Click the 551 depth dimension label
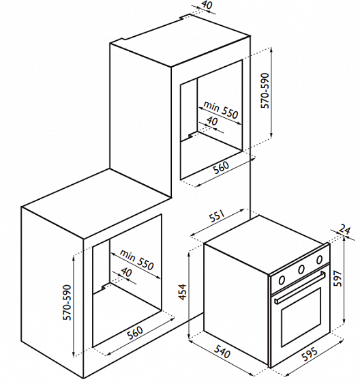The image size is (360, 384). (217, 216)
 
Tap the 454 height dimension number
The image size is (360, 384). (183, 292)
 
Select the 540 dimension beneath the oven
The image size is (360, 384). (222, 351)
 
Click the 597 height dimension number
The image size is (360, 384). (337, 278)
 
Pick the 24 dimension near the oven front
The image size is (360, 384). (344, 230)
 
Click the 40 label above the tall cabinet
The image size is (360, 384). (207, 5)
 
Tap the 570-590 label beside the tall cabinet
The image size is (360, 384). (265, 91)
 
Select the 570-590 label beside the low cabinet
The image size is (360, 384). (67, 302)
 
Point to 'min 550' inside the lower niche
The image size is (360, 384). (136, 261)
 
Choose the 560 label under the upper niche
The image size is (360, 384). (221, 167)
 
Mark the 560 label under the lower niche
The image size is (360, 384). (135, 332)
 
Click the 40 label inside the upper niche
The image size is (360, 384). (212, 121)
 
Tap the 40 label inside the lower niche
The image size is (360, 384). (127, 272)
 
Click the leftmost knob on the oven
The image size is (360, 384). (282, 280)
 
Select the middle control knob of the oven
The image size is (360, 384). (301, 269)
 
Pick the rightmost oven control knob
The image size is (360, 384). (319, 260)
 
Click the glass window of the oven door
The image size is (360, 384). (301, 317)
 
